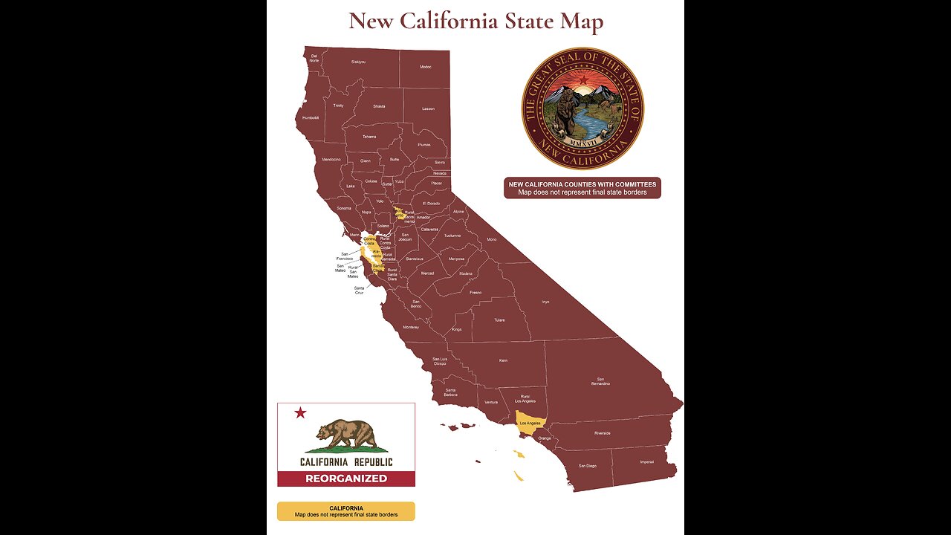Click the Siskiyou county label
point(358,62)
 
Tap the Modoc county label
point(425,67)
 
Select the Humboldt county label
point(311,117)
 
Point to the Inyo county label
point(545,302)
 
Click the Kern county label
point(503,360)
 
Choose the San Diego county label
point(587,466)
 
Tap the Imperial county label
point(647,461)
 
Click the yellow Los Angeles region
point(530,424)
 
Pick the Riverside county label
point(602,433)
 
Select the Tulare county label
point(499,320)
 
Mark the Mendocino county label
point(331,160)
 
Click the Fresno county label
point(475,293)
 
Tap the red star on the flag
point(300,413)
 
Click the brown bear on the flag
point(345,434)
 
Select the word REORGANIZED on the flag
point(346,479)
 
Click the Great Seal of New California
point(582,108)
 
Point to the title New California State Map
point(475,21)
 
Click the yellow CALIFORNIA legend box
point(346,511)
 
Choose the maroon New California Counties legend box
point(582,188)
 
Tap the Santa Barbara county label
point(450,392)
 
